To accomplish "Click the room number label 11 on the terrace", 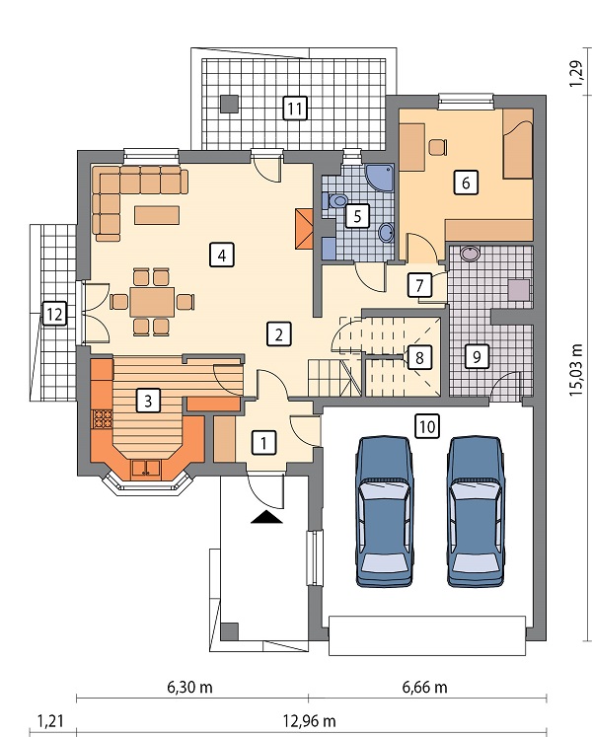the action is tap(295, 109).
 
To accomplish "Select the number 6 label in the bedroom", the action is tap(466, 182).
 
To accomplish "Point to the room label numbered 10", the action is tap(427, 426).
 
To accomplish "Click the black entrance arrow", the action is tap(266, 517).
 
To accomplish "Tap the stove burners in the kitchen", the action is tap(103, 418).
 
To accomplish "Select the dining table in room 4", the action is tap(152, 301).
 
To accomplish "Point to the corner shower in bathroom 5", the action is tap(379, 177).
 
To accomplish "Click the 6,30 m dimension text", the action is tap(190, 688).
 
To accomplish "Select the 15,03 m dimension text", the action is tap(576, 370).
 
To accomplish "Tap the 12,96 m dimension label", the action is tap(309, 720).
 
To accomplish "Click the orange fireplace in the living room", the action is tap(304, 229).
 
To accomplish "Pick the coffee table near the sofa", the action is tap(157, 215).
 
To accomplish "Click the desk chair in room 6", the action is tap(437, 147).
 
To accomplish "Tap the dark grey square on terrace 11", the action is tap(230, 104).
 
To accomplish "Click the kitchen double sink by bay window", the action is tap(146, 469).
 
